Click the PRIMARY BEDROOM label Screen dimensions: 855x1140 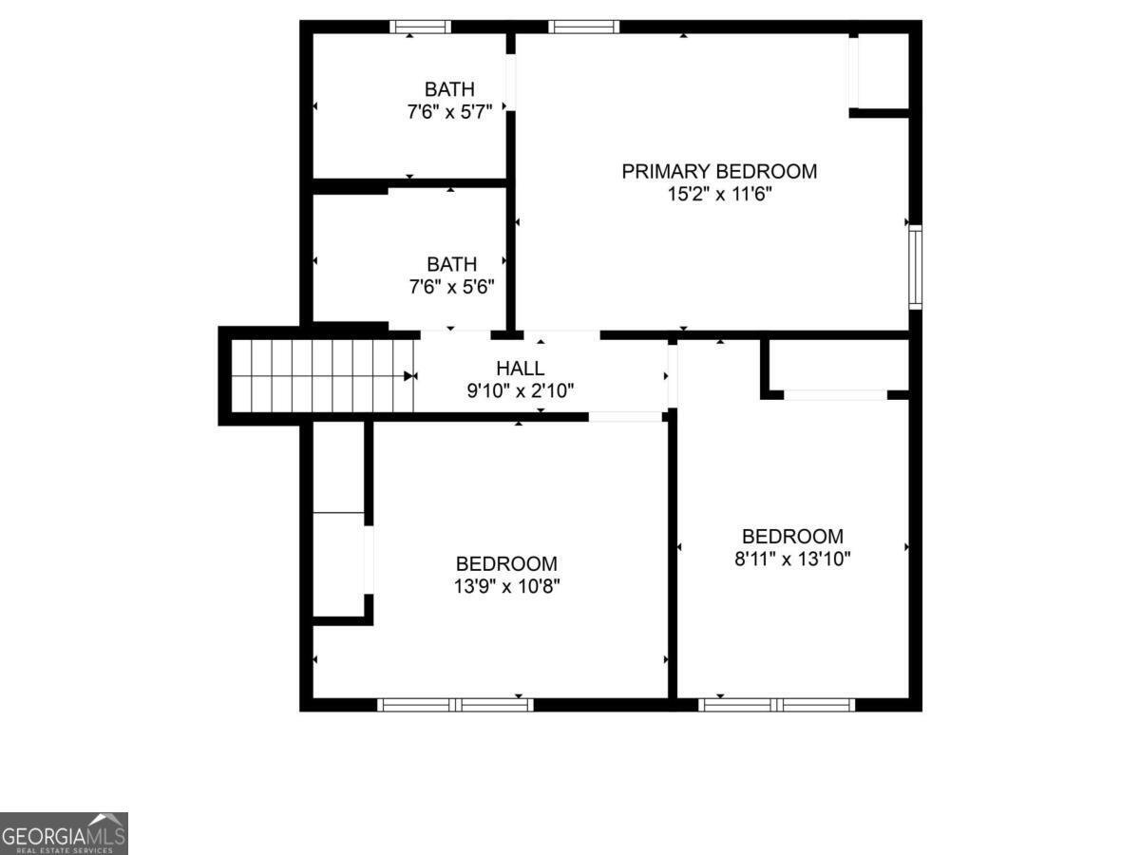click(x=719, y=172)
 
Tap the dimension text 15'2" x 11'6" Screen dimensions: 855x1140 click(x=719, y=195)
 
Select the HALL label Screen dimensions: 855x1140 click(x=520, y=369)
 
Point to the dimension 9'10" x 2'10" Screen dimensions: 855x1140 click(x=520, y=390)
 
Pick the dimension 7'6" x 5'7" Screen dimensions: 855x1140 click(x=449, y=111)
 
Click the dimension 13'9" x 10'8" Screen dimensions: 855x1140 click(x=506, y=586)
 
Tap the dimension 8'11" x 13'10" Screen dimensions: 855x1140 click(x=792, y=559)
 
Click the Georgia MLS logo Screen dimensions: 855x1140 click(x=64, y=833)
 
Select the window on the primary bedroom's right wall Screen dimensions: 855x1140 click(x=915, y=267)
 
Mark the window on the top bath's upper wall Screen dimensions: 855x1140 click(x=421, y=27)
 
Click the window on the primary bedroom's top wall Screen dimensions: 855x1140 click(x=583, y=27)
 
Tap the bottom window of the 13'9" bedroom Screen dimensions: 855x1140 click(x=455, y=704)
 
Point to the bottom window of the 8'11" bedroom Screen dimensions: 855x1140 click(x=776, y=704)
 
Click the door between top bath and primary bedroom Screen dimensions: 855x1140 click(x=511, y=83)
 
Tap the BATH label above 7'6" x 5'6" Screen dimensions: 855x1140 click(x=451, y=264)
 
